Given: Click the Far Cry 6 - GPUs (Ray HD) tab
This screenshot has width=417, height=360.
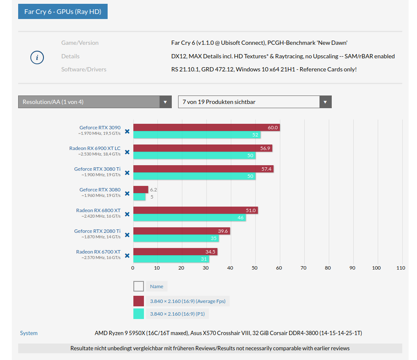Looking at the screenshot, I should pyautogui.click(x=62, y=11).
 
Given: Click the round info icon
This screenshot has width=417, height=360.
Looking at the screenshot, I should pyautogui.click(x=37, y=57).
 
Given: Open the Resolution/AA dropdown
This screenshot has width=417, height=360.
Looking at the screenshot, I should pyautogui.click(x=95, y=102).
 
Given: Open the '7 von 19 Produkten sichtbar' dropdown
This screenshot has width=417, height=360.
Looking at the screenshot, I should pyautogui.click(x=255, y=102).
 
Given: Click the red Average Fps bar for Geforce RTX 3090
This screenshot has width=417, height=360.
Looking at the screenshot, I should pyautogui.click(x=206, y=128).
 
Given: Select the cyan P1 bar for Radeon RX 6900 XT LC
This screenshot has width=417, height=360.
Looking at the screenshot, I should pyautogui.click(x=194, y=155).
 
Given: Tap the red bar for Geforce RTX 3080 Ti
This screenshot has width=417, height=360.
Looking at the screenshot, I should pyautogui.click(x=203, y=169).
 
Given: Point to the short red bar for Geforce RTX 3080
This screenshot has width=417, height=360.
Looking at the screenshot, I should pyautogui.click(x=141, y=190).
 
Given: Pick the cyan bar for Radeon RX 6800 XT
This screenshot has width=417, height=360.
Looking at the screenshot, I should pyautogui.click(x=189, y=218).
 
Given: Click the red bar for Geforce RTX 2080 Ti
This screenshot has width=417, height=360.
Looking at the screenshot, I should pyautogui.click(x=181, y=231).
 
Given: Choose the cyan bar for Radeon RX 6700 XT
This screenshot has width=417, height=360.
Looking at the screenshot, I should pyautogui.click(x=171, y=259).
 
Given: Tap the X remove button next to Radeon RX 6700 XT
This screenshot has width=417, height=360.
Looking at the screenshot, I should pyautogui.click(x=127, y=255).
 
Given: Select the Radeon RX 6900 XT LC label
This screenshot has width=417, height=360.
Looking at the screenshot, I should pyautogui.click(x=95, y=148).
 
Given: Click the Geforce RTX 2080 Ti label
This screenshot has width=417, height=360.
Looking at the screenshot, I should pyautogui.click(x=97, y=231).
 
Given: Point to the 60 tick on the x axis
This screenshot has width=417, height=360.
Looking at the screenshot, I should pyautogui.click(x=279, y=268).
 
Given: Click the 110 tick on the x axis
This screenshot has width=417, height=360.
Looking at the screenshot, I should pyautogui.click(x=401, y=268).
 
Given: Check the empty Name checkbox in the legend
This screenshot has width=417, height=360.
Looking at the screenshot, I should pyautogui.click(x=138, y=286).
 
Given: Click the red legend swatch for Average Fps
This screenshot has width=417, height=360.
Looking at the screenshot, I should pyautogui.click(x=138, y=301).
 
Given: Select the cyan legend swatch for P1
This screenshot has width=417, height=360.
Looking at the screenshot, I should pyautogui.click(x=138, y=314).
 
